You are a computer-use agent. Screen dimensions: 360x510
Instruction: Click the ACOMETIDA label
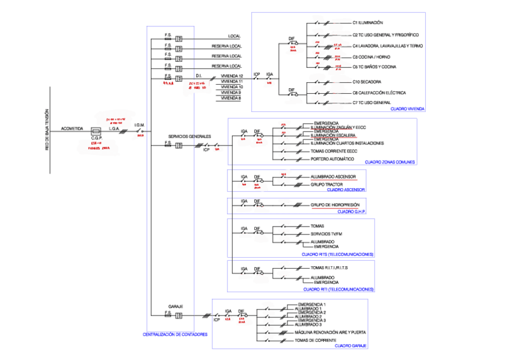click(72, 129)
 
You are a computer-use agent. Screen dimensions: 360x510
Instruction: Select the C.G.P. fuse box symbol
click(95, 131)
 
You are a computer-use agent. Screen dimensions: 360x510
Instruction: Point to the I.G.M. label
click(140, 125)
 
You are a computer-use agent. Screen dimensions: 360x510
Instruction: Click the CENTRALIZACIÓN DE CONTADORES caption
click(175, 334)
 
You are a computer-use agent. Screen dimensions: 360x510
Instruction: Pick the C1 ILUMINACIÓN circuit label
click(367, 23)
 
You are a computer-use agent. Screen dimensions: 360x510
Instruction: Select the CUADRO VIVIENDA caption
click(407, 109)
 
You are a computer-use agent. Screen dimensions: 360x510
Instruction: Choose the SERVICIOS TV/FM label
click(327, 233)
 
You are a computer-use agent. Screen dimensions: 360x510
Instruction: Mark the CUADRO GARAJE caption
click(351, 346)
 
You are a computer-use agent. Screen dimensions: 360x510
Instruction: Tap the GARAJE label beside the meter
click(176, 306)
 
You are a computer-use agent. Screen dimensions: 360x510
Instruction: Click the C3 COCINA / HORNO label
click(371, 56)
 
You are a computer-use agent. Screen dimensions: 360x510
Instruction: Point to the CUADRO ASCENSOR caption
click(346, 190)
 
